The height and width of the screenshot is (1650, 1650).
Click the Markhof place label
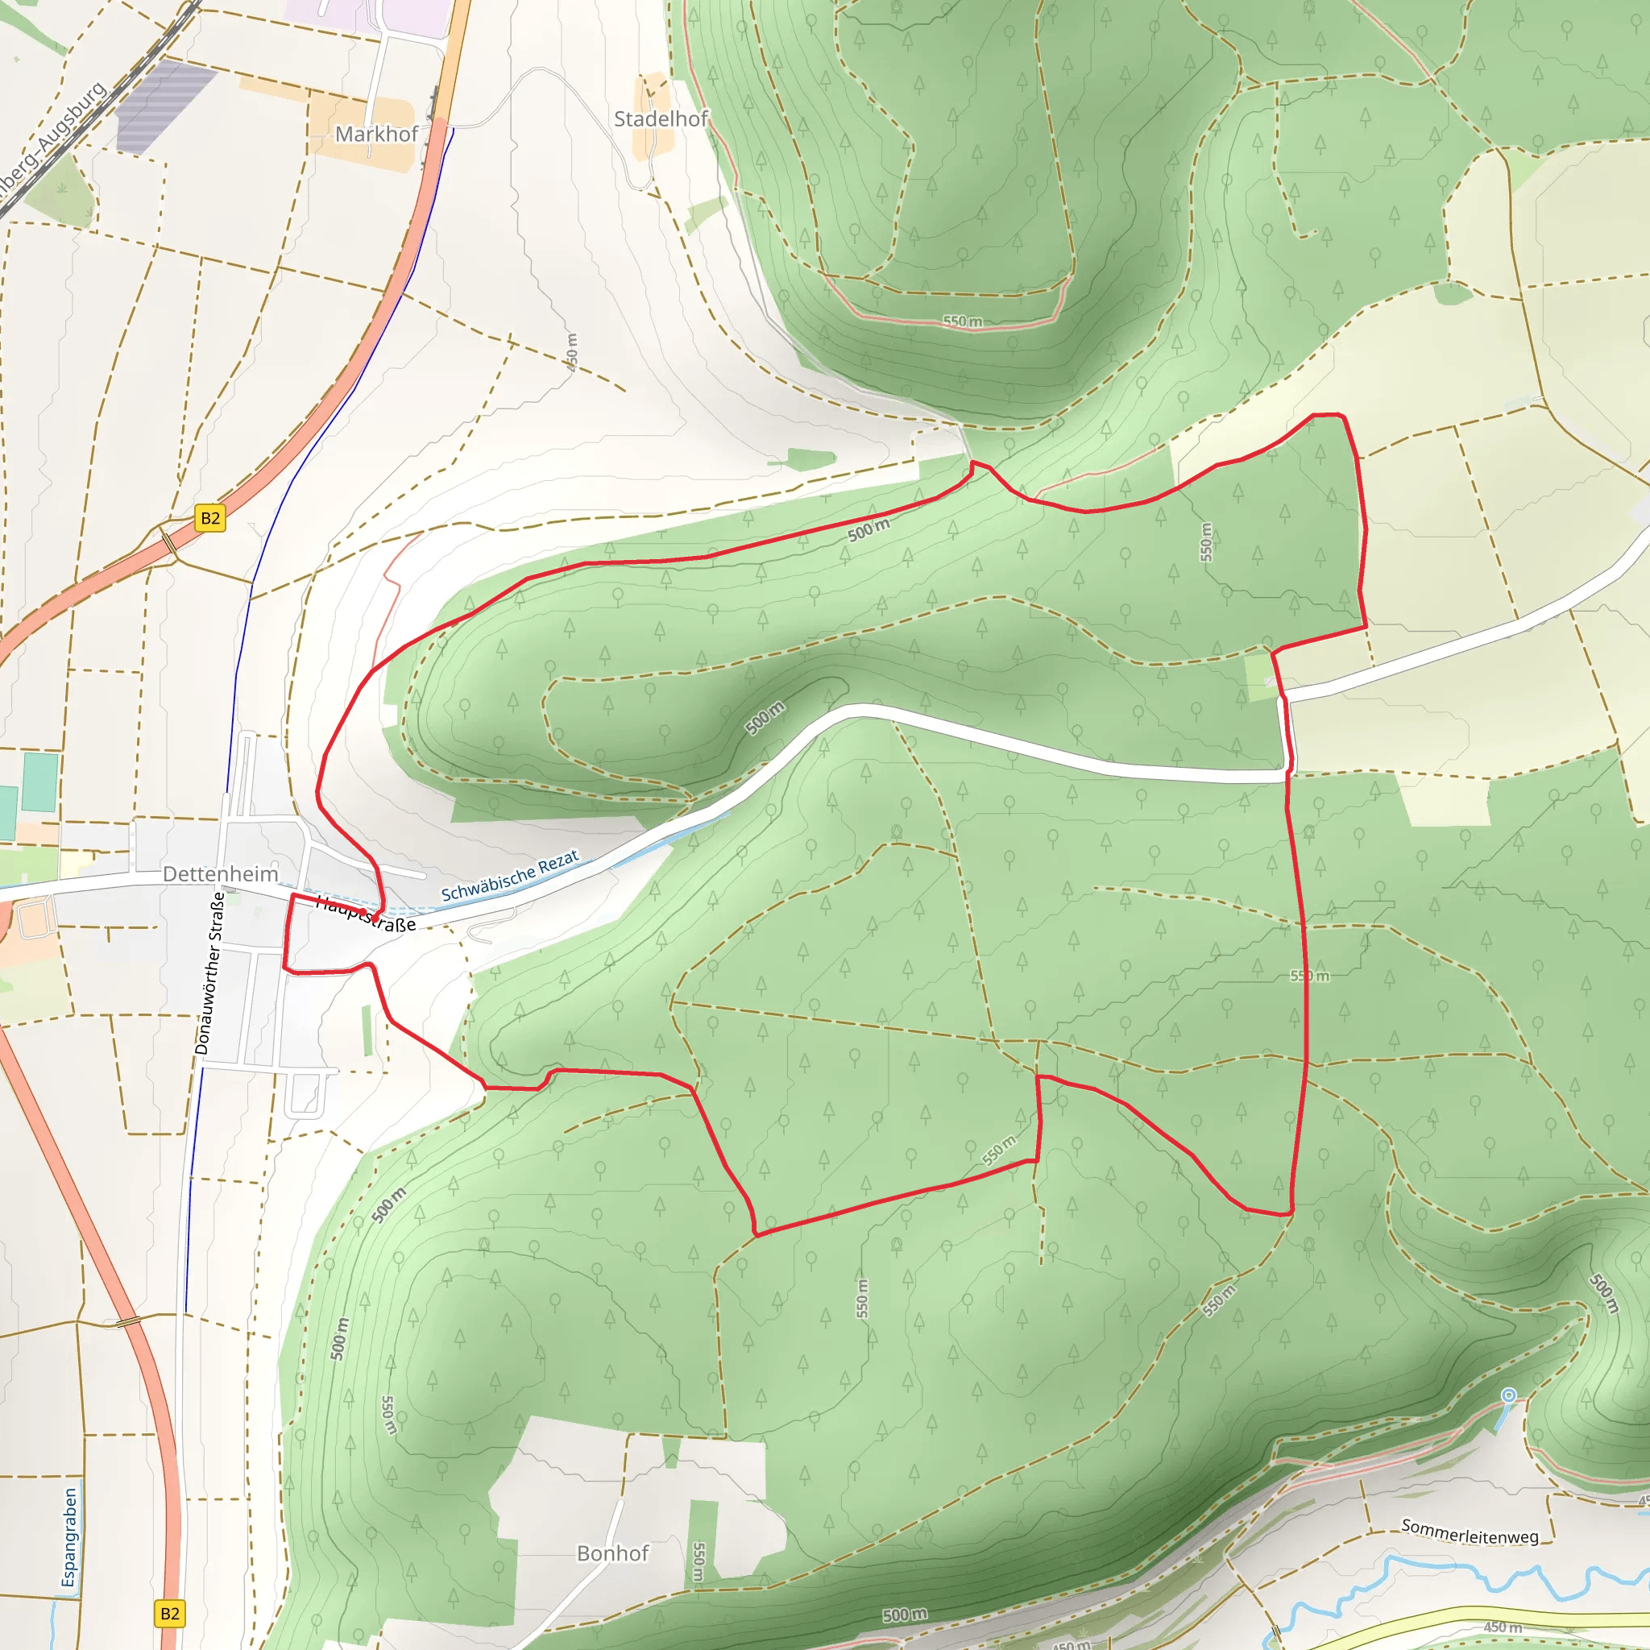coord(375,134)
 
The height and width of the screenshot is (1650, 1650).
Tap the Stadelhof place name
coord(660,118)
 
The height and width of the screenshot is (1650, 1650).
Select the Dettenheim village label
coord(220,873)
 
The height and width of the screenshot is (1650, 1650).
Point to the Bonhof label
coord(612,1553)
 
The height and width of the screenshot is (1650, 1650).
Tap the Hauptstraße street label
coord(366,914)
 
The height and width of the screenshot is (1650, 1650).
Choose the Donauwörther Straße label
coord(209,972)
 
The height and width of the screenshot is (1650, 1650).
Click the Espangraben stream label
coord(69,1537)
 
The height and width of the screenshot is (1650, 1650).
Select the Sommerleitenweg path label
coord(1469,1532)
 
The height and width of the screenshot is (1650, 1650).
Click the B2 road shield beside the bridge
coord(210,517)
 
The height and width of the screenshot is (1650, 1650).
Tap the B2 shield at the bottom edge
coord(170,1613)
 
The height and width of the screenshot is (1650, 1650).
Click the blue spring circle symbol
coord(1509,1395)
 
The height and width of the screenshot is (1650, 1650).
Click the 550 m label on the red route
coord(1309,976)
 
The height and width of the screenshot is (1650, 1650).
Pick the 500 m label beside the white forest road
coord(765,717)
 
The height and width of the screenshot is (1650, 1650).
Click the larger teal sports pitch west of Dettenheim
coord(40,781)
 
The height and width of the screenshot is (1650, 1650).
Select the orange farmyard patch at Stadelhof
coord(652,116)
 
